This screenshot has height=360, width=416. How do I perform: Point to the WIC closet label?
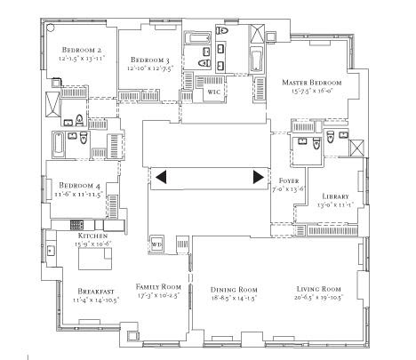(x=214, y=92)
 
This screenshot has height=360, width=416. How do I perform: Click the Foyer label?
(x=288, y=180)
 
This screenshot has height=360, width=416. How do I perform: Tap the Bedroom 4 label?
(x=67, y=185)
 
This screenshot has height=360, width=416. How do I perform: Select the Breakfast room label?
(x=77, y=291)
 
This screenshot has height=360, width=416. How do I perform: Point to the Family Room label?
(x=157, y=287)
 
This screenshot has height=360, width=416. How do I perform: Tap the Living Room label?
(x=319, y=290)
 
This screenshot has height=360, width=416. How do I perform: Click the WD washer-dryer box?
(x=157, y=243)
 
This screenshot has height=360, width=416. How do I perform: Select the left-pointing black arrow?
(x=160, y=177)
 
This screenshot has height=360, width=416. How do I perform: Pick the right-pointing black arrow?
(x=259, y=177)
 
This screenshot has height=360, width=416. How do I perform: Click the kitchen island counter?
(x=93, y=258)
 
